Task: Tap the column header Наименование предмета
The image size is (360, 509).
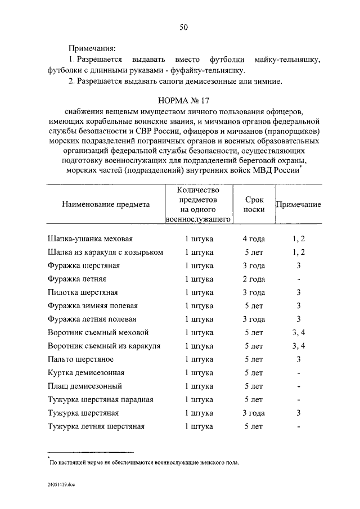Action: click(x=106, y=205)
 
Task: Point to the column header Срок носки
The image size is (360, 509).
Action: click(x=254, y=205)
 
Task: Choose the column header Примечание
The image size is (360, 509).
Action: click(x=298, y=205)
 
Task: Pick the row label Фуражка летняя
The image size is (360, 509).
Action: click(x=77, y=279)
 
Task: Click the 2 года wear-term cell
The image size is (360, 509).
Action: click(x=254, y=279)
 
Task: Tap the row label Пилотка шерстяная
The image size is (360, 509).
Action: click(x=82, y=292)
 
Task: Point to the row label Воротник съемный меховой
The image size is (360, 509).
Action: click(x=98, y=332)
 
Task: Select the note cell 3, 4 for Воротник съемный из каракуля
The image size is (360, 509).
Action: click(x=299, y=346)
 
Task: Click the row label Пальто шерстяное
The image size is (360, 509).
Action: click(x=80, y=359)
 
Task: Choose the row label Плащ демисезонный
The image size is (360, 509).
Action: click(x=84, y=386)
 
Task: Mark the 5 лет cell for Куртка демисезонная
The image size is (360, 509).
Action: click(x=254, y=373)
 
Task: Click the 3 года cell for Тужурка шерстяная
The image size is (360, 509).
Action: click(x=254, y=413)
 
